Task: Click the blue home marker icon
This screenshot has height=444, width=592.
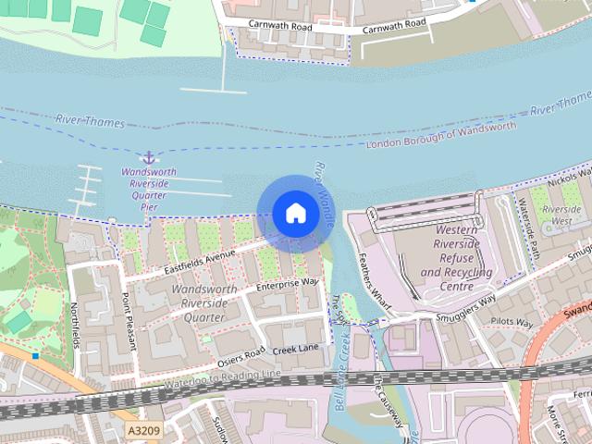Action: click(x=295, y=214)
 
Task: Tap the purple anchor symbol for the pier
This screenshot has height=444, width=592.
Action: click(x=147, y=157)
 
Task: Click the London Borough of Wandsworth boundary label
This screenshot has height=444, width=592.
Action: click(x=441, y=136)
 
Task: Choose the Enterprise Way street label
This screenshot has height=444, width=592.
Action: click(x=288, y=283)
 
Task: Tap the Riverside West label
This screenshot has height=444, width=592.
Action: click(x=561, y=216)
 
